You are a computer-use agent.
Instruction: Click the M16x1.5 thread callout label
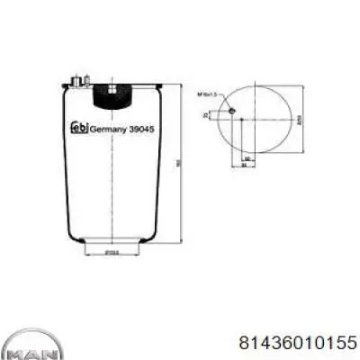208,93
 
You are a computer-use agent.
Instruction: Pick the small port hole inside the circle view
232,111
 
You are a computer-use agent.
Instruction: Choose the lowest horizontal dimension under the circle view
241,166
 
